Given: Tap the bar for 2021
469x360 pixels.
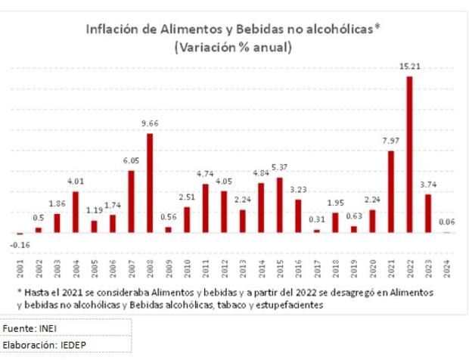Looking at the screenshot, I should pos(391,192).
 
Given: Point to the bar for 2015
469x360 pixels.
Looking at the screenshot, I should pos(279,205).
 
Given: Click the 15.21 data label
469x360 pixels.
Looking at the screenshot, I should pos(409,67).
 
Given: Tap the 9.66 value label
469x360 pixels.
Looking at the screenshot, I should pos(150,123).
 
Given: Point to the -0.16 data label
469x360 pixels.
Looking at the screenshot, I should pos(20,244).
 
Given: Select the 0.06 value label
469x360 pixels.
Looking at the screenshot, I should pos(447,222).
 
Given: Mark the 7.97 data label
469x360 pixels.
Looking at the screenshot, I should pos(391,141).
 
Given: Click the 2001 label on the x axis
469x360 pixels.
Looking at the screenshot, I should pos(20,268).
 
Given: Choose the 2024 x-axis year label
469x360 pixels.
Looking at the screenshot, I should pos(447,268).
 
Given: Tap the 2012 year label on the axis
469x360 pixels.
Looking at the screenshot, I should pos(224,268).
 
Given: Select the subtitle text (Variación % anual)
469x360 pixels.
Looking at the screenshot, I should pos(233,47).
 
